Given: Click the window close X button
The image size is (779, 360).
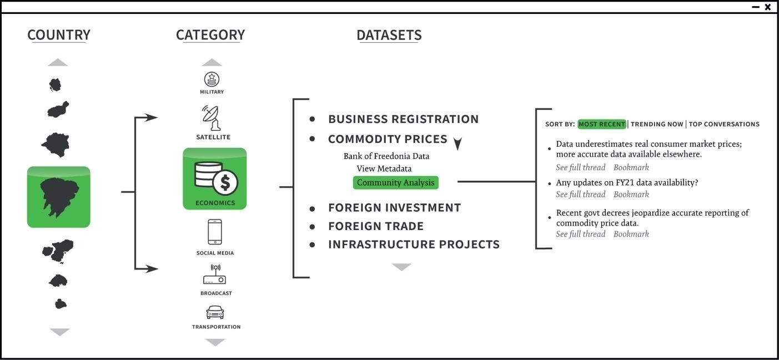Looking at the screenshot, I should (x=768, y=7).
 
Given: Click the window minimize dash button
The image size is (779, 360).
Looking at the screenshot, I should (x=756, y=7).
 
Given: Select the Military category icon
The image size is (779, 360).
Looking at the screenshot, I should (x=212, y=79).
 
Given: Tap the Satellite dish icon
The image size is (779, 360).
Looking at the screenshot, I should (x=212, y=118).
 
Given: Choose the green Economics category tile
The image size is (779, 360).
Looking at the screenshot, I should (x=215, y=179).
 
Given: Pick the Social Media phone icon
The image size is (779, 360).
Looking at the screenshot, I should (x=215, y=232).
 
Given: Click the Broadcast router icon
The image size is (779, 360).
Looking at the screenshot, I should (x=215, y=274).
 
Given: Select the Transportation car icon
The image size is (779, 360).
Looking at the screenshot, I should (x=215, y=312).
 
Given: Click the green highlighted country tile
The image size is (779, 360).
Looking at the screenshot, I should (x=59, y=197).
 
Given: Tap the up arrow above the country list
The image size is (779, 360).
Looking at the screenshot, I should (x=58, y=63).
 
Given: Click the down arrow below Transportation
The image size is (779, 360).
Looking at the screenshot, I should (x=215, y=342).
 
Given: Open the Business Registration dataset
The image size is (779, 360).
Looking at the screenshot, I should (x=403, y=119).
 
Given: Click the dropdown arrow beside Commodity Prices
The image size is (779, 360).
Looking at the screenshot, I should (x=458, y=144).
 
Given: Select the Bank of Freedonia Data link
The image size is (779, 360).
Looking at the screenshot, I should (x=386, y=156).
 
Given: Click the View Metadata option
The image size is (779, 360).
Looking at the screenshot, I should (x=384, y=168).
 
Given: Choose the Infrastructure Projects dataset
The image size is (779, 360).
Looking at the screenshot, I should (x=414, y=244).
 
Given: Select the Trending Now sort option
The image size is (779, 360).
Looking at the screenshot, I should (x=657, y=124).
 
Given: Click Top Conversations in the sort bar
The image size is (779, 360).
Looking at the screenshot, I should (x=724, y=124).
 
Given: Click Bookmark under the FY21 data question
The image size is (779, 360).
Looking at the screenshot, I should (x=631, y=194).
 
